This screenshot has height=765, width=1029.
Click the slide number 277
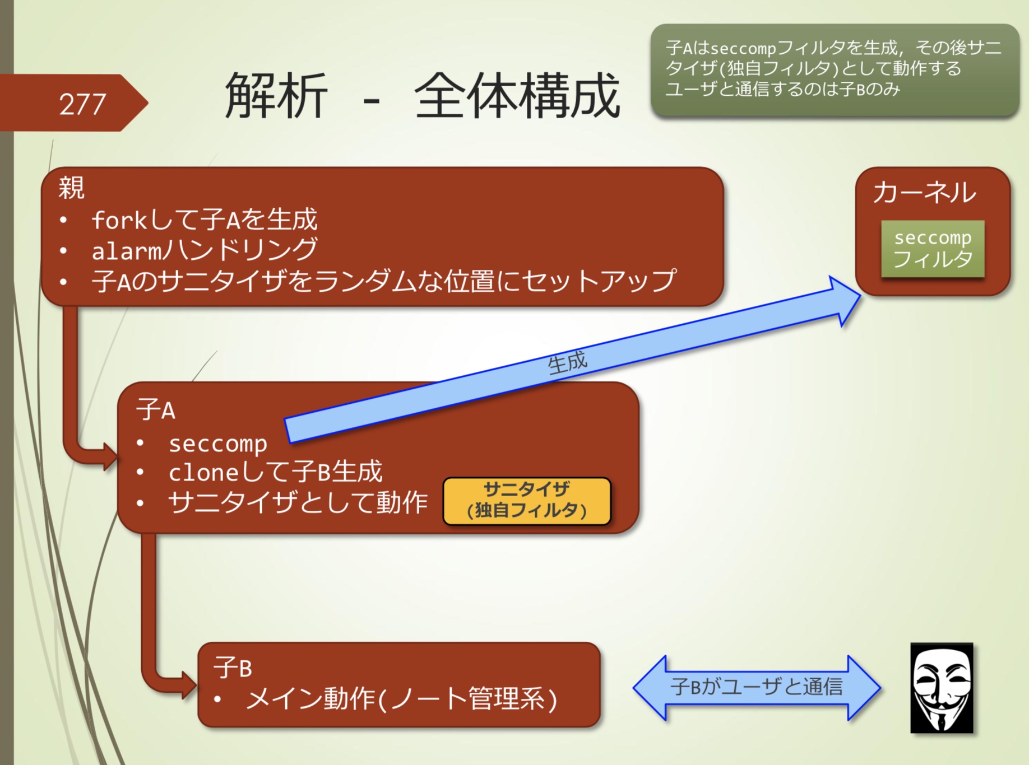[82, 104]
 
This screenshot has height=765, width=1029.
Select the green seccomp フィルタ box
[932, 249]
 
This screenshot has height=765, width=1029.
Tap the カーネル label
[924, 193]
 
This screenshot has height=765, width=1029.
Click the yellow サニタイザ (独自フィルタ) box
[526, 501]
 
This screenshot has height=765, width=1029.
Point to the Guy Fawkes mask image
[942, 688]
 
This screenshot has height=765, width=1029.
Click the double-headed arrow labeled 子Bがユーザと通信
[756, 687]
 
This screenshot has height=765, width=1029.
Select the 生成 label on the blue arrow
[567, 363]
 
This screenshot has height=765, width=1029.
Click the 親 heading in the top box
[72, 187]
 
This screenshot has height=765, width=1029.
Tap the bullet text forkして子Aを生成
[204, 220]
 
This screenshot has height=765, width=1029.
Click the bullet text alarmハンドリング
[204, 250]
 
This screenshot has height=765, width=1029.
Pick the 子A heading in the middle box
[155, 410]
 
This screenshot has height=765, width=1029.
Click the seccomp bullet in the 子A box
[217, 444]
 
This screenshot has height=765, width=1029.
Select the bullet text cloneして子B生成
[275, 472]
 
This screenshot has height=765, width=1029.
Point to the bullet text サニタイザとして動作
[297, 502]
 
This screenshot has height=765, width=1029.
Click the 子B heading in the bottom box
[232, 668]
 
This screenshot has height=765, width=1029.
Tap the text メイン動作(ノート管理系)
[401, 699]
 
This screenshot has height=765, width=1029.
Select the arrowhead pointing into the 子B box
[188, 684]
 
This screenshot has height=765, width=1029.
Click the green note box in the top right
[834, 69]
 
